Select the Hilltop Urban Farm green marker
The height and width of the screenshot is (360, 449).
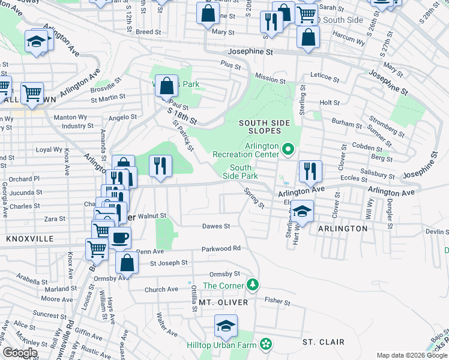pos(265,344)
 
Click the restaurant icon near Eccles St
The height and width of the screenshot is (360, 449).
pos(310,170)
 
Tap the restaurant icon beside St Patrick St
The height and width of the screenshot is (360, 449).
pos(160,166)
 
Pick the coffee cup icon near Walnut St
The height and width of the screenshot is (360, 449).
pos(119,237)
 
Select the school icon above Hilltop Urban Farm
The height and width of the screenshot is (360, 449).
pos(226,325)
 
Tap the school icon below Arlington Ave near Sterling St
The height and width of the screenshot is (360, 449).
pos(302,211)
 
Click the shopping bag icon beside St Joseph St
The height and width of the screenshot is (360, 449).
pos(127,262)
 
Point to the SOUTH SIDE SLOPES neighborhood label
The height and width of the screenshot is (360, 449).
pos(264,123)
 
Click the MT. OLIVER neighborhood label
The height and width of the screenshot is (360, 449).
pos(219,303)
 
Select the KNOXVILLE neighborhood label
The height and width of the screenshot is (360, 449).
pos(30,238)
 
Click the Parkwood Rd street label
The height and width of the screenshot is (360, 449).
pos(221,248)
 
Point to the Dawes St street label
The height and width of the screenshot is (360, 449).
pos(216,226)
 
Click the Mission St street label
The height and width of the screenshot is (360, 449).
pos(270,79)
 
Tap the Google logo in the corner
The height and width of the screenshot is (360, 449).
pos(20,353)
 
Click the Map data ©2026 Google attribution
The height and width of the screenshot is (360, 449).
pos(412,355)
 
